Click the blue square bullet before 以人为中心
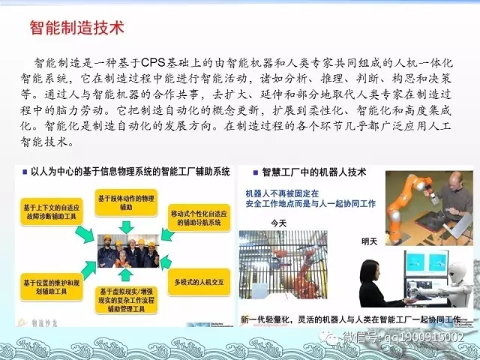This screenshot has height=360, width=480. click(22, 171)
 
